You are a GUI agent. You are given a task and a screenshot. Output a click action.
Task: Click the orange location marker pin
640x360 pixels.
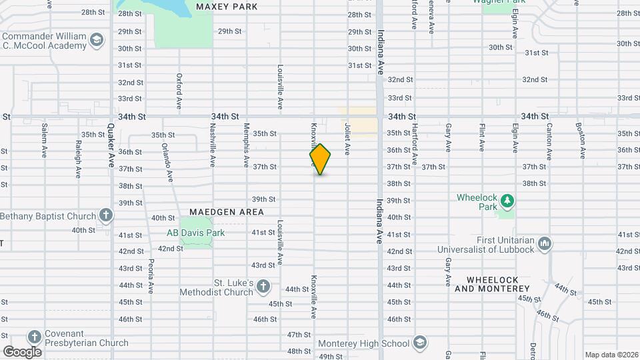pyautogui.click(x=320, y=159)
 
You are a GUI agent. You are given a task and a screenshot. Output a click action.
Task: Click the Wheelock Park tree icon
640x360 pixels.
pyautogui.click(x=507, y=199)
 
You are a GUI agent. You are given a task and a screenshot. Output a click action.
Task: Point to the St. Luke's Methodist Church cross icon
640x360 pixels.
pyautogui.click(x=263, y=287)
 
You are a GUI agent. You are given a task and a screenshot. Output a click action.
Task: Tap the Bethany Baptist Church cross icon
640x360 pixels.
pyautogui.click(x=105, y=215)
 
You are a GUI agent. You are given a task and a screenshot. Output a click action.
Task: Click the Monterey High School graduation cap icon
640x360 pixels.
pyautogui.click(x=419, y=343)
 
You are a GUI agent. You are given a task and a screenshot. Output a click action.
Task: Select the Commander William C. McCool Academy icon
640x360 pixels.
pyautogui.click(x=97, y=39)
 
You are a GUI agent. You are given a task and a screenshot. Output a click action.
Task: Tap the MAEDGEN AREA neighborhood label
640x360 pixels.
pyautogui.click(x=227, y=212)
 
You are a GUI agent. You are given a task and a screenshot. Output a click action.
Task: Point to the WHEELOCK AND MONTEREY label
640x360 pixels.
pyautogui.click(x=492, y=284)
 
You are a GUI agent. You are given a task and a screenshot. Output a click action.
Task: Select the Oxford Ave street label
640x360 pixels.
pyautogui.click(x=179, y=91)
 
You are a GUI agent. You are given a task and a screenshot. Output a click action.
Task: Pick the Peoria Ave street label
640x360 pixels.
pyautogui.click(x=151, y=275)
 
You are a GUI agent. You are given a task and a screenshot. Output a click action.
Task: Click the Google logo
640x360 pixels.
pyautogui.click(x=22, y=351)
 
